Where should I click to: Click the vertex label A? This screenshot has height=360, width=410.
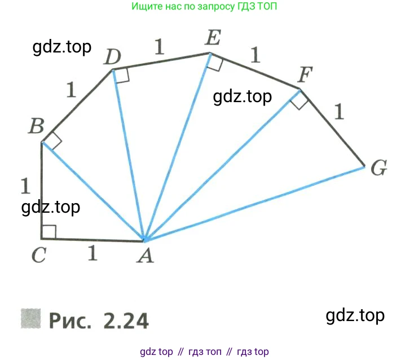(146, 256)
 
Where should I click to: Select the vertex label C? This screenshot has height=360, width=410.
(38, 256)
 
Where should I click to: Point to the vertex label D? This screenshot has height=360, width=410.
(113, 57)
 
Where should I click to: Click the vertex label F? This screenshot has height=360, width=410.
(305, 74)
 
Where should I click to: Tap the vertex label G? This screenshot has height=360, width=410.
(378, 168)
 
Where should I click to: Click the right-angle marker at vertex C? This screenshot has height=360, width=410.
(49, 231)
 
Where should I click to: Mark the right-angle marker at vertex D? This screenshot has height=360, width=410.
(122, 75)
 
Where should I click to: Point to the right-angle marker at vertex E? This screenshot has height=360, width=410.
(214, 62)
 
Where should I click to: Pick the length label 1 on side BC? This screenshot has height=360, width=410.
(24, 185)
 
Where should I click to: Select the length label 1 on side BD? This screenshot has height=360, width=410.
(70, 89)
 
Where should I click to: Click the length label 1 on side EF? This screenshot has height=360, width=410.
(255, 55)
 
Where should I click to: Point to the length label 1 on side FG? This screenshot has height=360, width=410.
(338, 112)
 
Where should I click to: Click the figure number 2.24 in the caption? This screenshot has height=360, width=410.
(126, 320)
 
